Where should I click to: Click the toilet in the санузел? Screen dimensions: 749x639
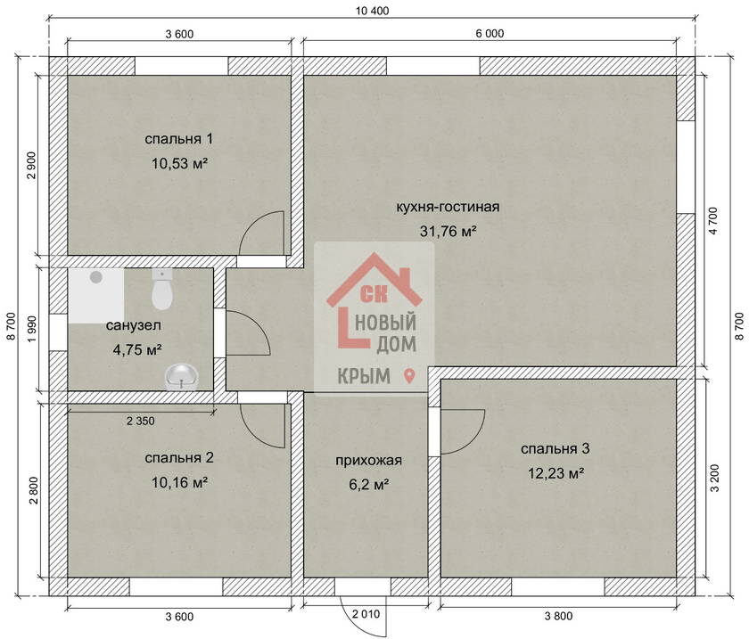click(x=162, y=289)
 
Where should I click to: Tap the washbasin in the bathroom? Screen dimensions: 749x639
click(x=182, y=377)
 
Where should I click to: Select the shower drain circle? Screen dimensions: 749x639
click(x=96, y=277)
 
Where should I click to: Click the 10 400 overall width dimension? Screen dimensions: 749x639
click(x=372, y=11)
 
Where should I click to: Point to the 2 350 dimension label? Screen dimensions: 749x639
click(x=141, y=421)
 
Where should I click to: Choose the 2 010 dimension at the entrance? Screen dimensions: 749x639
click(x=366, y=614)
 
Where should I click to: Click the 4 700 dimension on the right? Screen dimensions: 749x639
click(x=713, y=221)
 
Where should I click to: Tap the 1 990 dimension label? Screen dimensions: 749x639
click(x=32, y=329)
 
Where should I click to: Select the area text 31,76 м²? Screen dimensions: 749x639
click(x=448, y=231)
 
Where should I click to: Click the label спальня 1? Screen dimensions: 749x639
click(x=178, y=139)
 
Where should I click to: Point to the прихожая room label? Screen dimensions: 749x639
click(x=368, y=461)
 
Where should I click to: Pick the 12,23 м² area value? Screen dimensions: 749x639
click(x=556, y=473)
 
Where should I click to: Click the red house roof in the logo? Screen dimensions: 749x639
click(x=374, y=278)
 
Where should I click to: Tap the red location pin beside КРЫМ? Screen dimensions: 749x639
click(x=409, y=376)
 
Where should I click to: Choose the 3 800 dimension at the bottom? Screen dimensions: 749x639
click(x=558, y=616)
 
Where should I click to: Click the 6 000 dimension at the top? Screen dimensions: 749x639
click(x=490, y=34)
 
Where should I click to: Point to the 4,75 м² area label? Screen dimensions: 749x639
click(x=137, y=350)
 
